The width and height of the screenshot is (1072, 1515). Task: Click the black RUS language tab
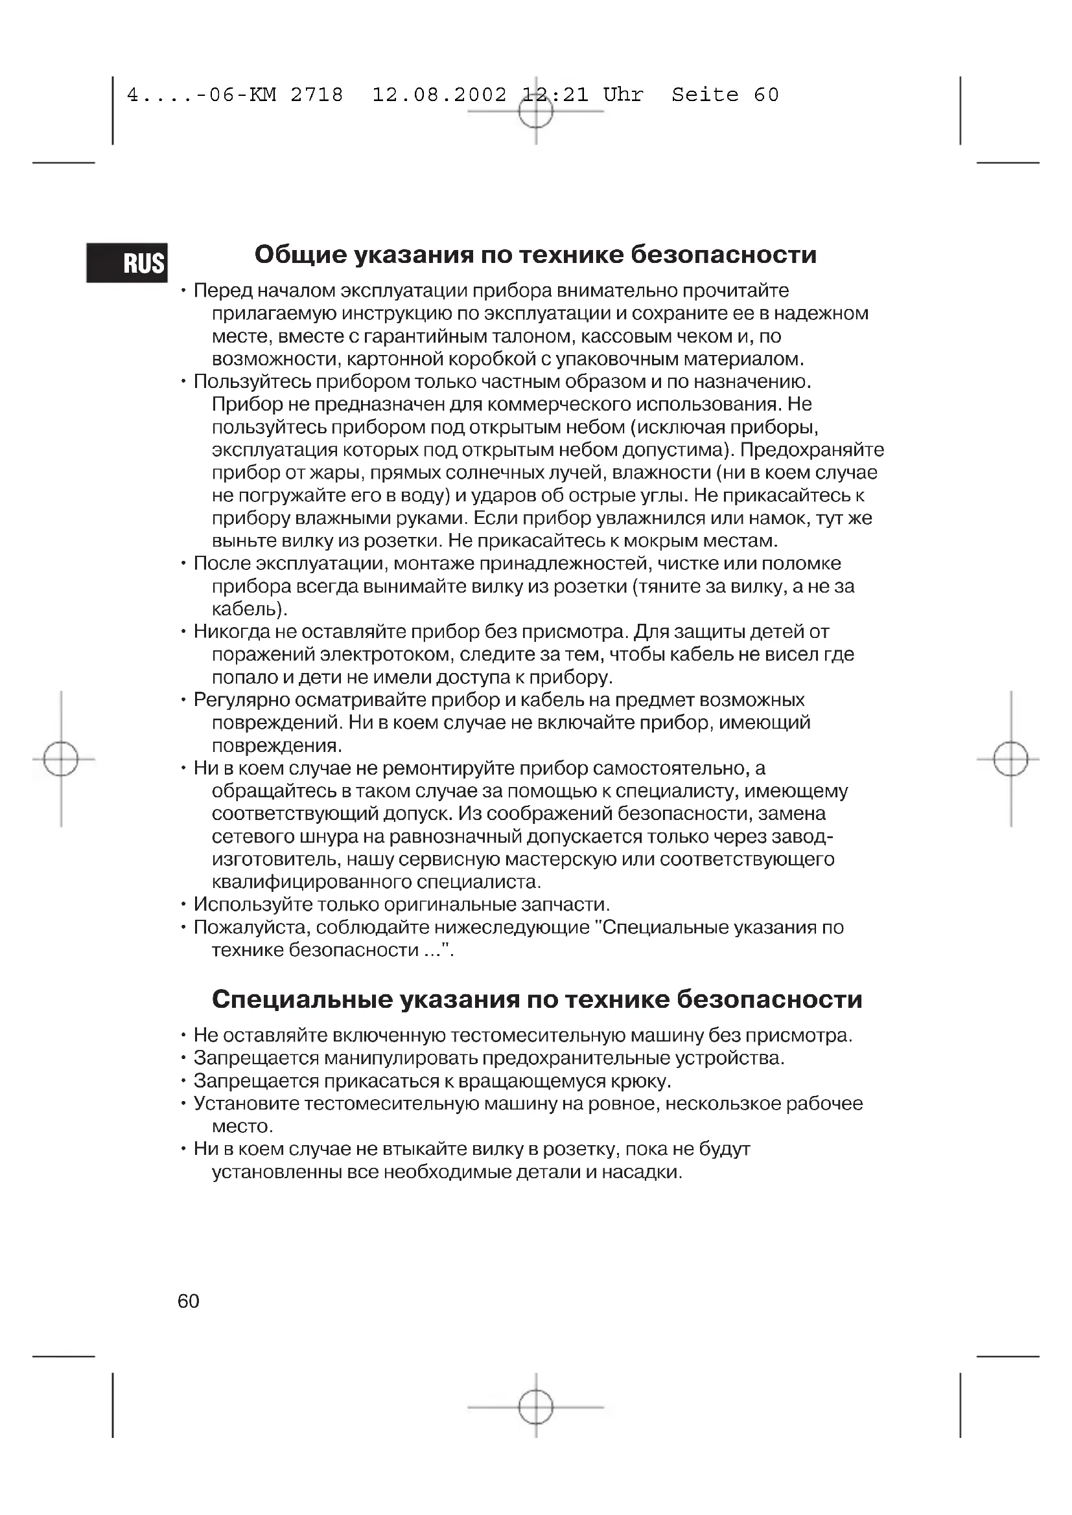point(127,262)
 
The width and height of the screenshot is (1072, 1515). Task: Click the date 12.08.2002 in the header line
point(439,95)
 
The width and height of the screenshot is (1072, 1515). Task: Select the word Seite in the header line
point(705,95)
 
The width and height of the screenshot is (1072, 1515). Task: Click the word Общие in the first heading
point(300,255)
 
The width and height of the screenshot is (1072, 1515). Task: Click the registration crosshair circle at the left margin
point(61,759)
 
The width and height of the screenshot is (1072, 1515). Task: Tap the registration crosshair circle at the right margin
point(1010,759)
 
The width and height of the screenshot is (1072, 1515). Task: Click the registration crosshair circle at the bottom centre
point(535,1407)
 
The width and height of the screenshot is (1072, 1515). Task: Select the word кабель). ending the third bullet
point(250,608)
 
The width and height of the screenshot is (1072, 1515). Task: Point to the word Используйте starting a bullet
point(253,904)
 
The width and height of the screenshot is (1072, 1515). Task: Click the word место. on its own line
point(242,1126)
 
